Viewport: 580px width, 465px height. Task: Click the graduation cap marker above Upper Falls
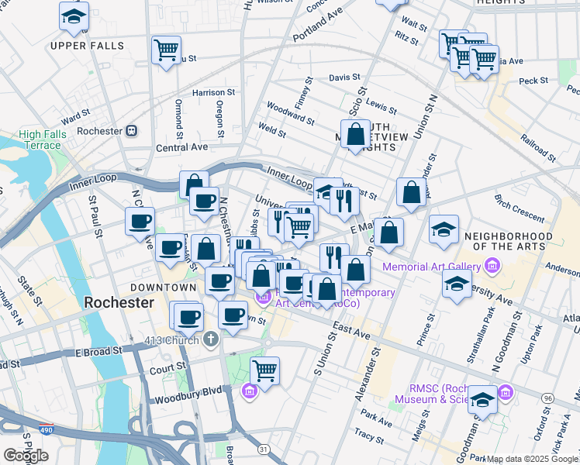[74, 16]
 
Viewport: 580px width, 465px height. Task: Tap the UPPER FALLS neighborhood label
[87, 46]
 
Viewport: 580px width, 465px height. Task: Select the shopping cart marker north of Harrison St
[166, 51]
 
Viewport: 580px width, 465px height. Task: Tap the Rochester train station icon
[132, 131]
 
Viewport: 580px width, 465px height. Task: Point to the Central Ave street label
[181, 146]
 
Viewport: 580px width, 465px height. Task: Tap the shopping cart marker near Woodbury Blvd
[264, 371]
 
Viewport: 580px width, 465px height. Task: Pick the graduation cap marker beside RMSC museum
[482, 400]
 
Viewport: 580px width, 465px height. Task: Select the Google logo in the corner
[26, 456]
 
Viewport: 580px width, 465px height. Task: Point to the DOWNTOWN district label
[163, 288]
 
